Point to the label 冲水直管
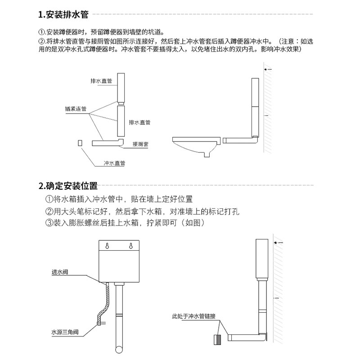pos(114,163)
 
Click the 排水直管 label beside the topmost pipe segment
pos(101,81)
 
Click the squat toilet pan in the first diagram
pos(195,145)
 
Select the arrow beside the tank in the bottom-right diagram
pos(279,243)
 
